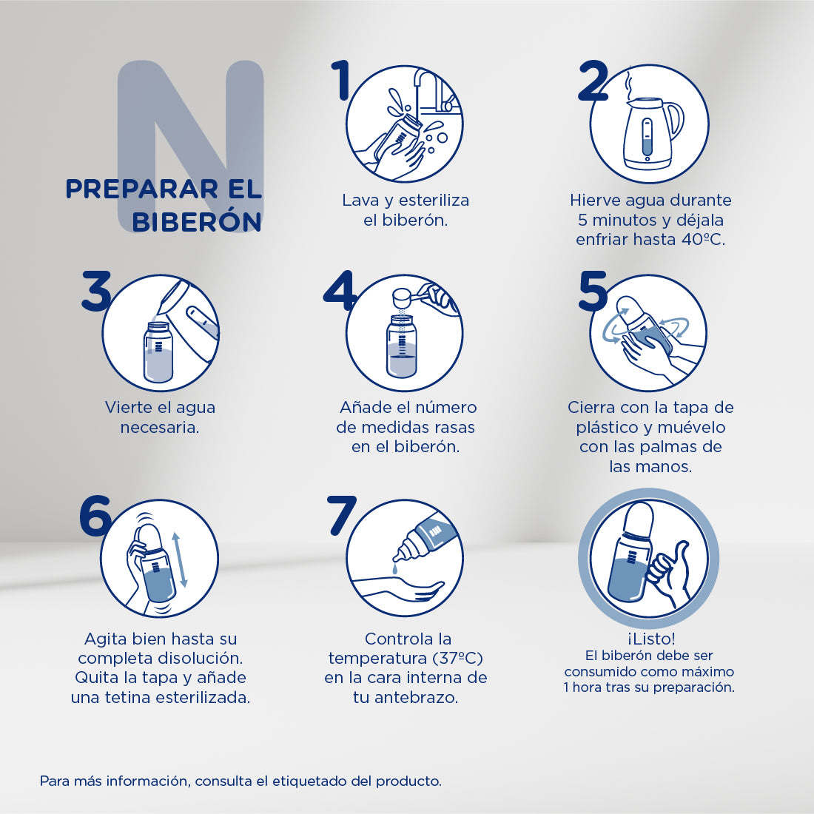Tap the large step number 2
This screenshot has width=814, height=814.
coord(593,81)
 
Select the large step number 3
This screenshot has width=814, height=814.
coord(96,291)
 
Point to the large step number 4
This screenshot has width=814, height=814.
coord(340,291)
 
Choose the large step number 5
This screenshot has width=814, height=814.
coord(593,291)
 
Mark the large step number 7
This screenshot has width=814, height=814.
coord(342,514)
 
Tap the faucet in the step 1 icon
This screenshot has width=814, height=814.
coord(429,89)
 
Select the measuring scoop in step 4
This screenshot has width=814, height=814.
coord(405,297)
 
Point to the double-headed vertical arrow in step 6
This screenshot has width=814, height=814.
coord(180,560)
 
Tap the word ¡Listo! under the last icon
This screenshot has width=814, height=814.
coord(650,639)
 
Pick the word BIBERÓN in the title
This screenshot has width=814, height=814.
coord(197,221)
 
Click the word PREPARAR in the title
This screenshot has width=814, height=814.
coord(133,189)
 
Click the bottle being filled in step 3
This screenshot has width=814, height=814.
coord(158,353)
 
